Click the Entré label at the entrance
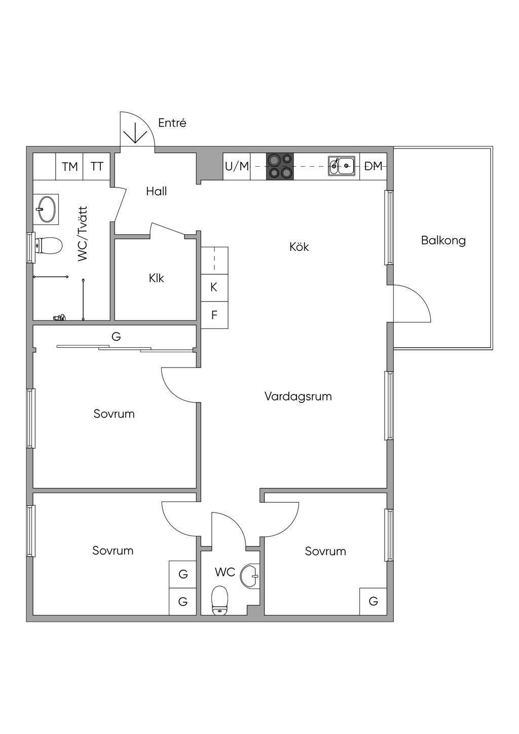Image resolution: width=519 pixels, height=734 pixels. click(172, 123)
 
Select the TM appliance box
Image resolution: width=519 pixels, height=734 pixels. click(70, 166)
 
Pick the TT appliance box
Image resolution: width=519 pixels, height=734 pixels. click(97, 166)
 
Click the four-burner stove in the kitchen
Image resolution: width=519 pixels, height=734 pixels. click(280, 166)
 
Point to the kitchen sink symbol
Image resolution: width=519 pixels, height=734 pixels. click(341, 166)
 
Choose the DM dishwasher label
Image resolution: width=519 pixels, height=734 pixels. click(374, 166)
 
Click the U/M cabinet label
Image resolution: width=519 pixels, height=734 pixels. click(237, 166)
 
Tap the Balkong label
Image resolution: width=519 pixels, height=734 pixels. click(443, 240)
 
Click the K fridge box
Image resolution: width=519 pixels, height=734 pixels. click(214, 287)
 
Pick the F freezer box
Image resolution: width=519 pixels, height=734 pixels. click(214, 315)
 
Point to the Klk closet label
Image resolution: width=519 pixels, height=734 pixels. click(156, 278)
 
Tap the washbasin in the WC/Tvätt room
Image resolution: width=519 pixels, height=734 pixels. click(46, 208)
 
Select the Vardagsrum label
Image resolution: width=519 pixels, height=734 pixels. click(298, 396)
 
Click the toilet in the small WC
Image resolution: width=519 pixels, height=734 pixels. click(220, 600)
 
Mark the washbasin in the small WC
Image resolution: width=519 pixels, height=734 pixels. click(250, 576)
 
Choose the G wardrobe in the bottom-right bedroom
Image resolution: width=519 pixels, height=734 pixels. click(373, 602)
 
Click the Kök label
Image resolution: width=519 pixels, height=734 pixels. click(299, 247)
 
